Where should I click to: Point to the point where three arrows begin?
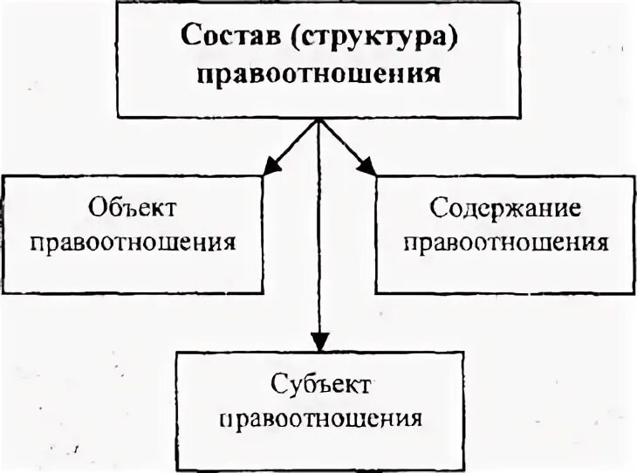(319, 122)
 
